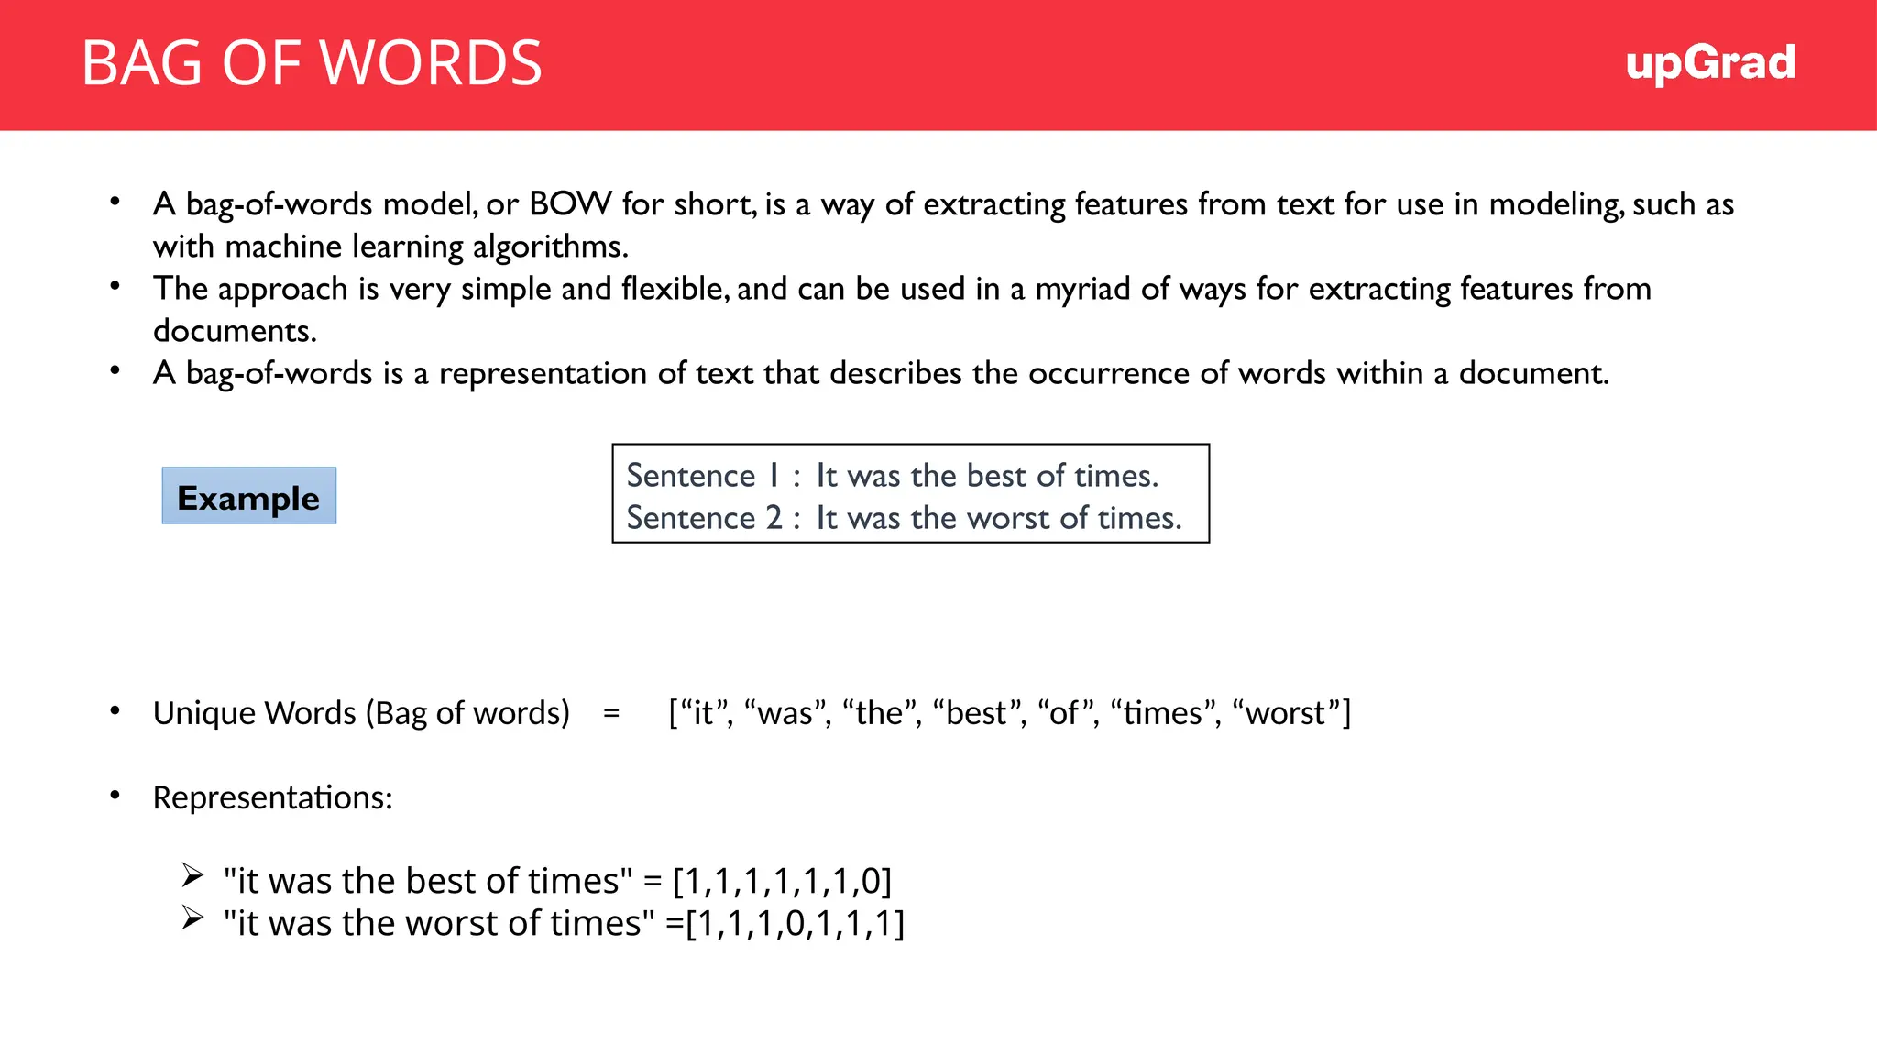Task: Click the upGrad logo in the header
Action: click(x=1710, y=63)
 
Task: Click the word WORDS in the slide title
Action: click(x=431, y=63)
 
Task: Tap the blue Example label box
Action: click(x=248, y=496)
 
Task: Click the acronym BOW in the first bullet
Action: click(x=570, y=203)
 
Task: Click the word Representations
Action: click(x=271, y=797)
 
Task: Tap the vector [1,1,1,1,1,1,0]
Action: click(x=782, y=881)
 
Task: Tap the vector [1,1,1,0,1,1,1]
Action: click(x=795, y=923)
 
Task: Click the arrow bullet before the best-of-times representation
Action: click(x=192, y=875)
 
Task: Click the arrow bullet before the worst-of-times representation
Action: click(x=192, y=918)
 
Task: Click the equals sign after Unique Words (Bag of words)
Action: click(x=611, y=713)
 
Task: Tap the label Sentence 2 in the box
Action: click(x=704, y=518)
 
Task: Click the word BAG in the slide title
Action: click(x=142, y=63)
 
